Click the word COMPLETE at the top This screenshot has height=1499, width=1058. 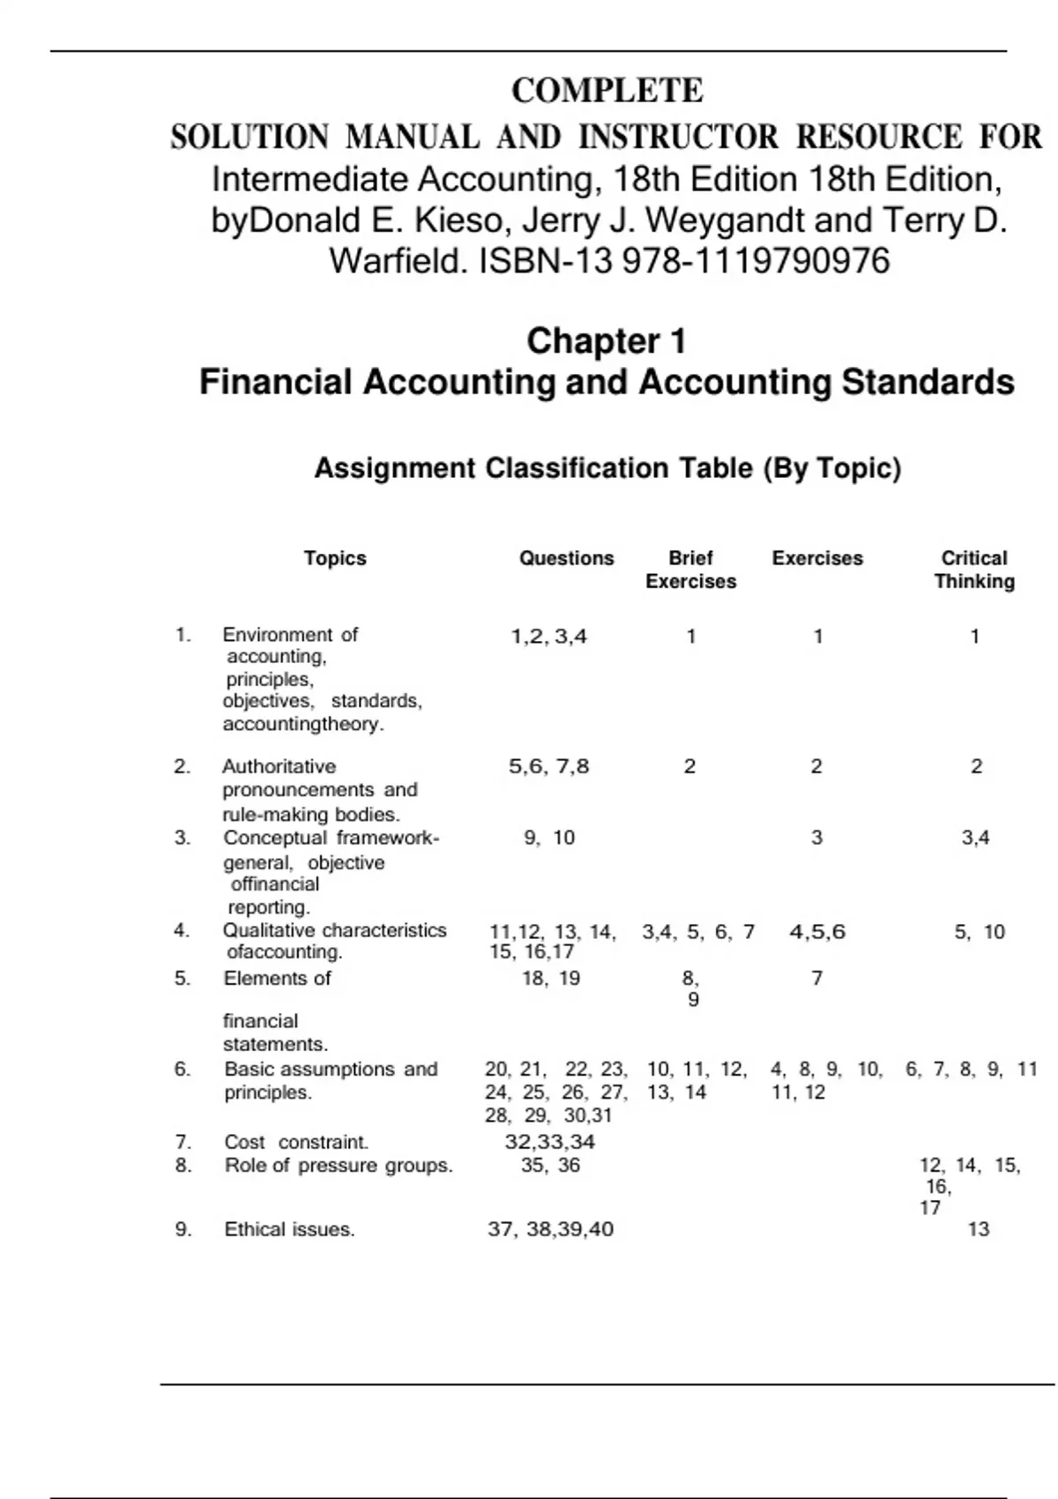[x=607, y=91]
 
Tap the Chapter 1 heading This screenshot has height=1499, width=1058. [x=607, y=341]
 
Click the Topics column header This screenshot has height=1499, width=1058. [x=335, y=558]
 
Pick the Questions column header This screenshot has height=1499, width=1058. [x=566, y=558]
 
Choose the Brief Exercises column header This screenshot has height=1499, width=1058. [x=690, y=570]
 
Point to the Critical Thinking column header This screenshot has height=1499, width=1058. [x=974, y=570]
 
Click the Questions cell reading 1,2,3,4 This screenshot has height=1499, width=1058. [x=548, y=637]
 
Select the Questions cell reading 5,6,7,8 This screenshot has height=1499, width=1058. [x=548, y=767]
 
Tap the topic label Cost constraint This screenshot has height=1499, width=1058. [x=296, y=1143]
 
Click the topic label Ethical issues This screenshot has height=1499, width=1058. [x=289, y=1230]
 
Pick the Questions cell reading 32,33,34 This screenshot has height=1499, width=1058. [x=550, y=1143]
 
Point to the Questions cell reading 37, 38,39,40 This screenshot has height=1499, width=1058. [x=550, y=1230]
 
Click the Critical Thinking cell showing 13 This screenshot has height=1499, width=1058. [x=979, y=1230]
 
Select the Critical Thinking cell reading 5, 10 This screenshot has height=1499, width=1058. [x=980, y=932]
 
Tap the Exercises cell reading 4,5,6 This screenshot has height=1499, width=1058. [x=817, y=932]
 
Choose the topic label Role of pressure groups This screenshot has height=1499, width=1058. [x=339, y=1166]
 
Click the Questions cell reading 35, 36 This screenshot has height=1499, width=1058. [x=550, y=1166]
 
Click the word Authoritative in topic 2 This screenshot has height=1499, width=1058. [x=279, y=767]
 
